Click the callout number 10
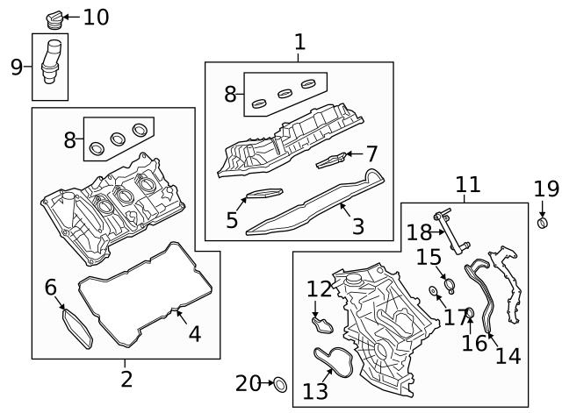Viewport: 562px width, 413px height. coord(97,17)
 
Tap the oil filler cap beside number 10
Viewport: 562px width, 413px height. coord(52,18)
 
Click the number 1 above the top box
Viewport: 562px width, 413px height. coord(299,41)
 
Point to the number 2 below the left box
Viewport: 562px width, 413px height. coord(126,379)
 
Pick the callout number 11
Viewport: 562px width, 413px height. coord(468,184)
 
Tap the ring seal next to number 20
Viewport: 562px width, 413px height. coord(279,383)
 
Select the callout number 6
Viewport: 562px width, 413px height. coord(50,287)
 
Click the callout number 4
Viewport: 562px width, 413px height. coord(194,333)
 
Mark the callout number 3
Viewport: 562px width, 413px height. coord(357,226)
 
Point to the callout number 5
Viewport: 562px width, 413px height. coord(232,219)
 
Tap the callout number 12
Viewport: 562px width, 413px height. coord(319,288)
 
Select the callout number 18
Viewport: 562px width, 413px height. coord(419,231)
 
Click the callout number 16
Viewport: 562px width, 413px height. coord(474,342)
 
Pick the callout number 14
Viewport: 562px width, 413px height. coord(508,355)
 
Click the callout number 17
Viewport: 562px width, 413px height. coord(455,317)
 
